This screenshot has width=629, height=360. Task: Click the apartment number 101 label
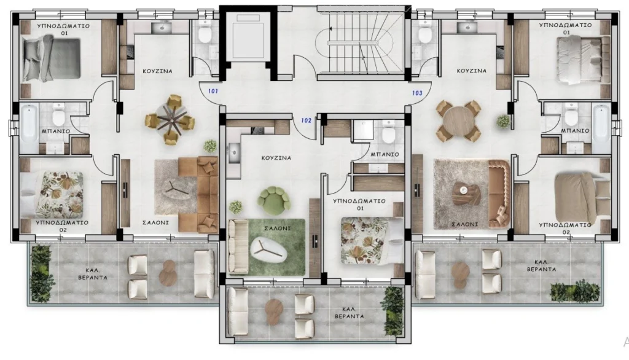[x=213, y=91]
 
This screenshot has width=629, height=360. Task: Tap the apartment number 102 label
[x=306, y=120]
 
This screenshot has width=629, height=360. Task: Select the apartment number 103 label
[x=417, y=93]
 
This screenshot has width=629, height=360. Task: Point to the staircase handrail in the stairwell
[x=353, y=42]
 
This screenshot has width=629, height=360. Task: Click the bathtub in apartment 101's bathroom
[x=29, y=128]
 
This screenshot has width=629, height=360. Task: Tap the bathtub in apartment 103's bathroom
[x=601, y=128]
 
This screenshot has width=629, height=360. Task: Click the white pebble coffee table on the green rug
[x=268, y=250]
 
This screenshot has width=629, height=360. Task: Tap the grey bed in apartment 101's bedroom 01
[x=52, y=58]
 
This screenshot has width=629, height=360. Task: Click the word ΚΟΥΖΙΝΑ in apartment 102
[x=276, y=158]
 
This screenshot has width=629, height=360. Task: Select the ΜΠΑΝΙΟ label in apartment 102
[x=385, y=154]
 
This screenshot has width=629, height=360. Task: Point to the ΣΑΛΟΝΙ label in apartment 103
[x=464, y=224]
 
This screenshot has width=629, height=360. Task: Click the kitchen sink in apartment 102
[x=234, y=153]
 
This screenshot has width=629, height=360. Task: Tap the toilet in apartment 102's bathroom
[x=388, y=133]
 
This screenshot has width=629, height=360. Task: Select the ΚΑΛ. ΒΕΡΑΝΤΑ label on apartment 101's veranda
[x=93, y=274]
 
